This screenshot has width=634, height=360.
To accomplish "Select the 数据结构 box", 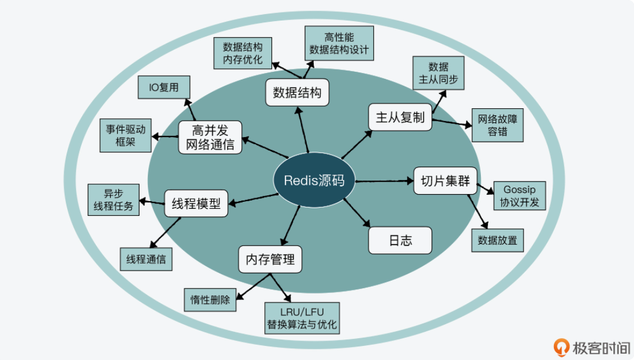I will coord(297,92).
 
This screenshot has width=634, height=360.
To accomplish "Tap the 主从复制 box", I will coord(400,118).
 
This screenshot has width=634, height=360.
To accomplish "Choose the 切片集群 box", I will coord(445,181).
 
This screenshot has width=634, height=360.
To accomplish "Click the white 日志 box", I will coord(400,241).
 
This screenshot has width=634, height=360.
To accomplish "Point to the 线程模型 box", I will coord(196,204).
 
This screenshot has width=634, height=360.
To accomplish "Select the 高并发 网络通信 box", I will coord(210,137).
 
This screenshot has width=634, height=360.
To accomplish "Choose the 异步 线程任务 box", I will coord(114,199).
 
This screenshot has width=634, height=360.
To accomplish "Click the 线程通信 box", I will coord(146,259).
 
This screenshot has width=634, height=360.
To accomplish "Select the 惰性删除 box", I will coord(210,299).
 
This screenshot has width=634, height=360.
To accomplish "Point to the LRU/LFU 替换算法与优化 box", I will coord(302,317).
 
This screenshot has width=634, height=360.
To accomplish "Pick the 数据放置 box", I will coord(497,240).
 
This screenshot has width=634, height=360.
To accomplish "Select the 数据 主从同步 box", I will coord(439,73).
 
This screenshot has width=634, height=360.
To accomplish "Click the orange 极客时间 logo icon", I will coord(562,347).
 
